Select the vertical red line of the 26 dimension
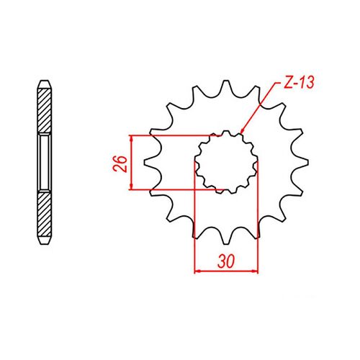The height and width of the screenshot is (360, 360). click(x=131, y=163)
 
